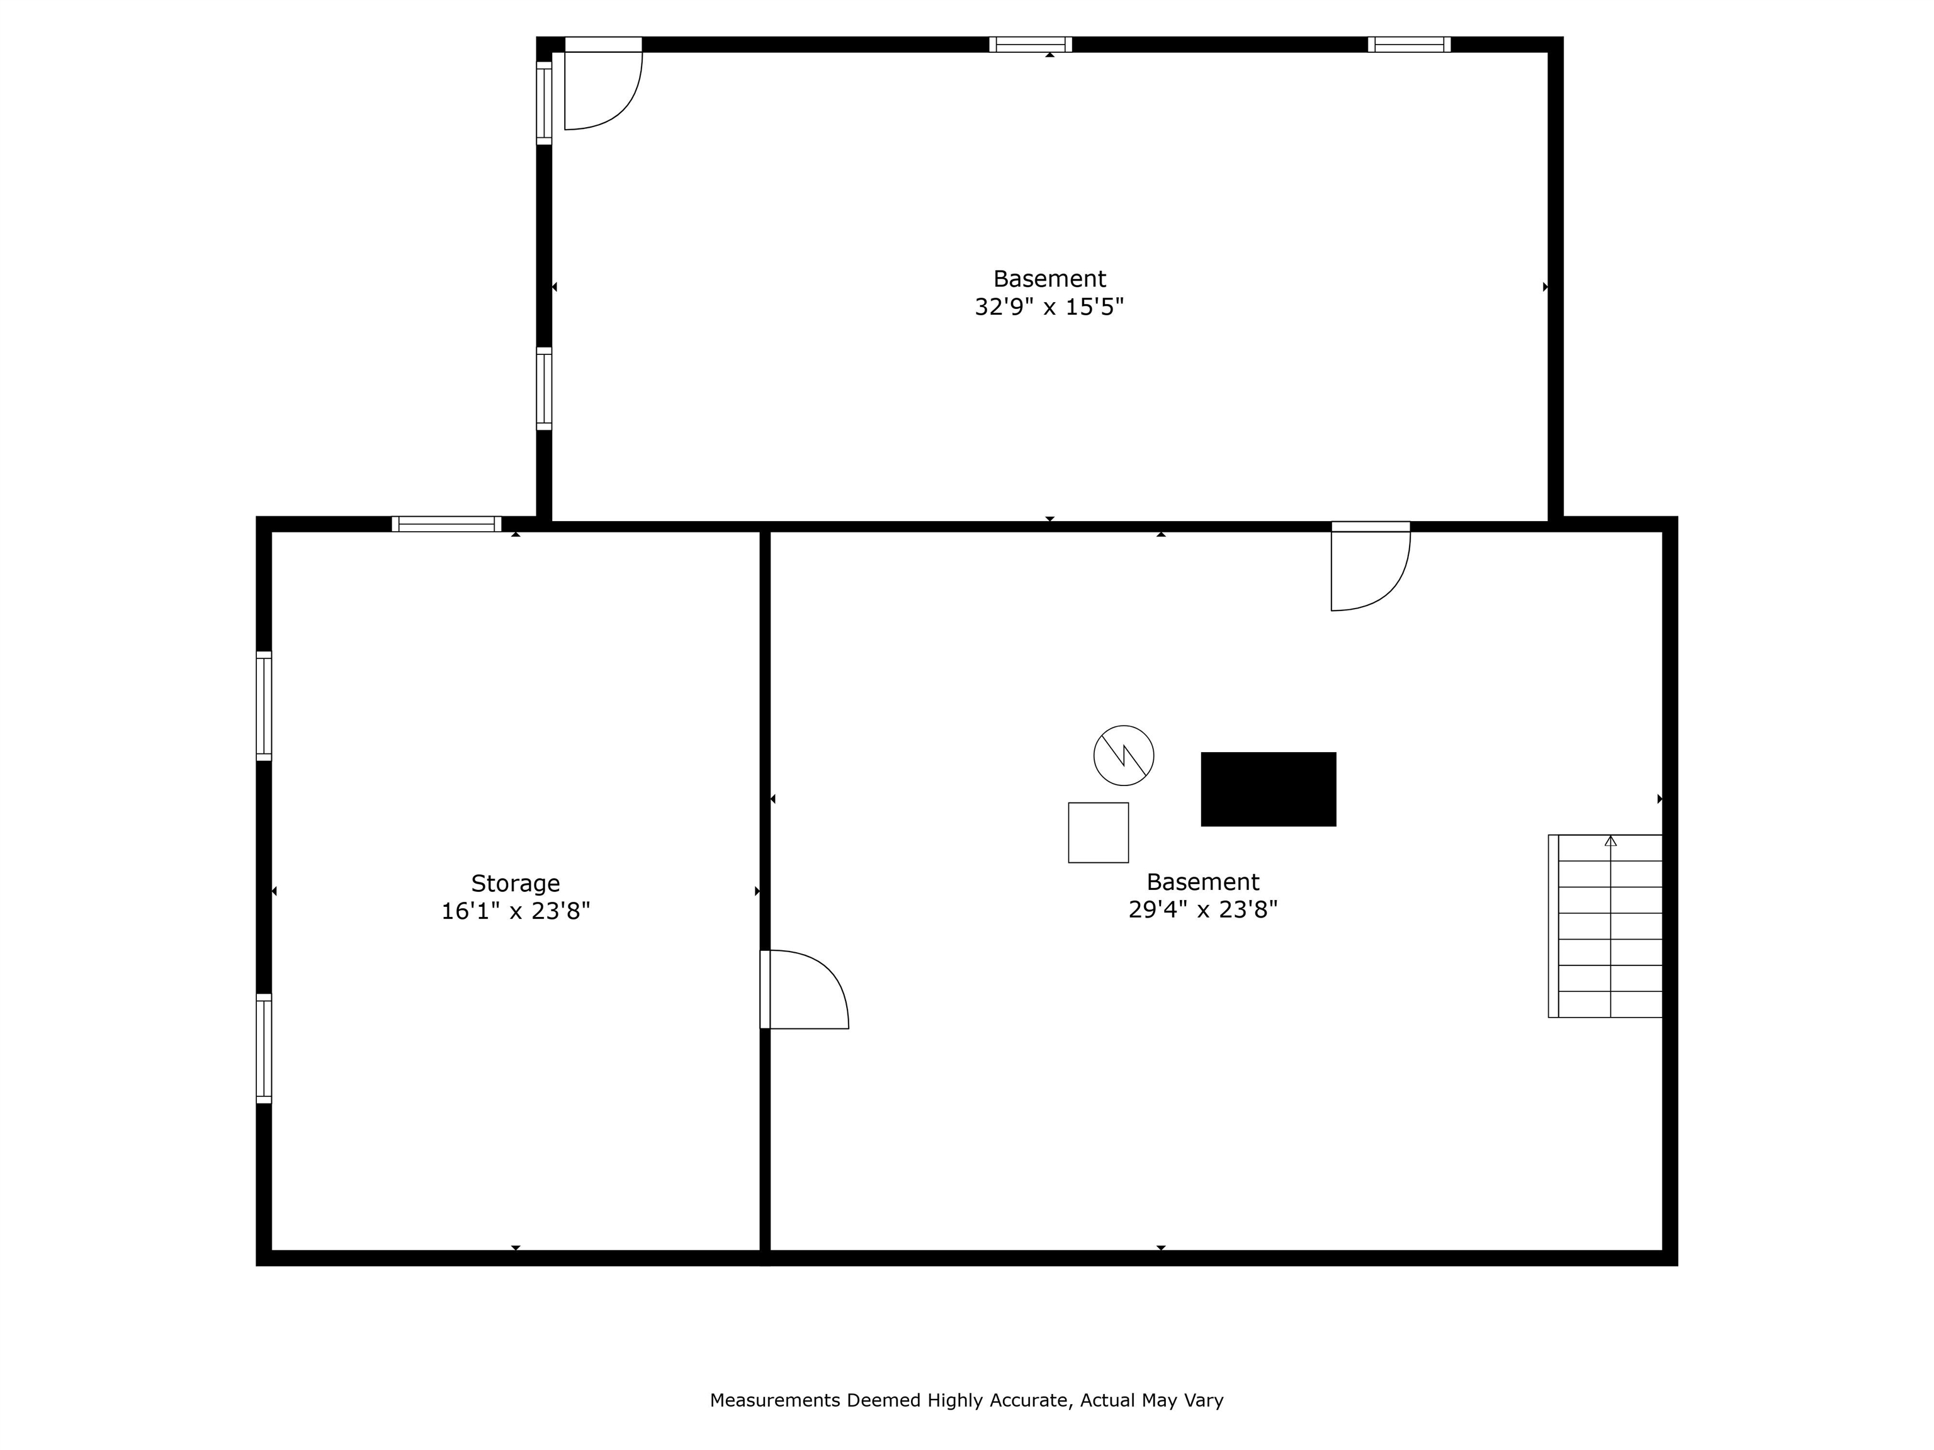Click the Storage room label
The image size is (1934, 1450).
point(515,883)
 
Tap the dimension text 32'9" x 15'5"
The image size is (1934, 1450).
point(1049,306)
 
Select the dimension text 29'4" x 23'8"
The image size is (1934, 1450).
point(1203,910)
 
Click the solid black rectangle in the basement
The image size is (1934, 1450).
point(1268,789)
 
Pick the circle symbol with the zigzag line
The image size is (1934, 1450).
point(1124,755)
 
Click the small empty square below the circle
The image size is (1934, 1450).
point(1098,833)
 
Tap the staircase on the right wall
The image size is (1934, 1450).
point(1605,926)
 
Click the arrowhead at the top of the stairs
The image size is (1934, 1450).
point(1610,841)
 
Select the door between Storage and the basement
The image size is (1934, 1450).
point(805,989)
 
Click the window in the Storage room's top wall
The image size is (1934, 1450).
point(447,524)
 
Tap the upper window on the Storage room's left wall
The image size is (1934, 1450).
point(264,706)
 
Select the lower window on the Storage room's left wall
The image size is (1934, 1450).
point(264,1049)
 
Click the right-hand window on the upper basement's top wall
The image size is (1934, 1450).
point(1410,45)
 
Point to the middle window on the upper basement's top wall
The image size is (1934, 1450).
point(1031,45)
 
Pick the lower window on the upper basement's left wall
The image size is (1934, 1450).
point(544,389)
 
